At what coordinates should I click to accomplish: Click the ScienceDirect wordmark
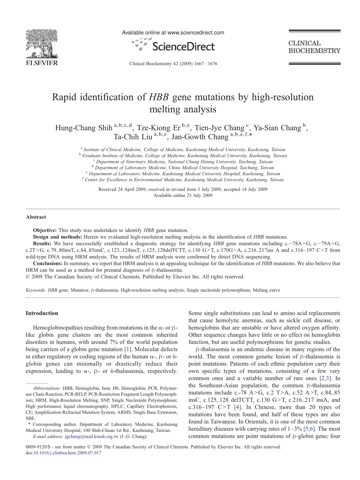point(183,47)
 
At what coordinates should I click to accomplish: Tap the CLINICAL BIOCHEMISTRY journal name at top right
point(314,47)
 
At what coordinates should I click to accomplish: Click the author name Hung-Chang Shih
point(84,128)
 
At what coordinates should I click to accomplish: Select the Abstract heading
point(36,217)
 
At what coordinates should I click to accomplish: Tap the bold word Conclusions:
point(47,263)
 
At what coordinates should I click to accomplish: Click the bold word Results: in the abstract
point(42,244)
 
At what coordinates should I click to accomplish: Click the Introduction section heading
point(42,313)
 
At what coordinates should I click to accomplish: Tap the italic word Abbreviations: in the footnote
point(47,388)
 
